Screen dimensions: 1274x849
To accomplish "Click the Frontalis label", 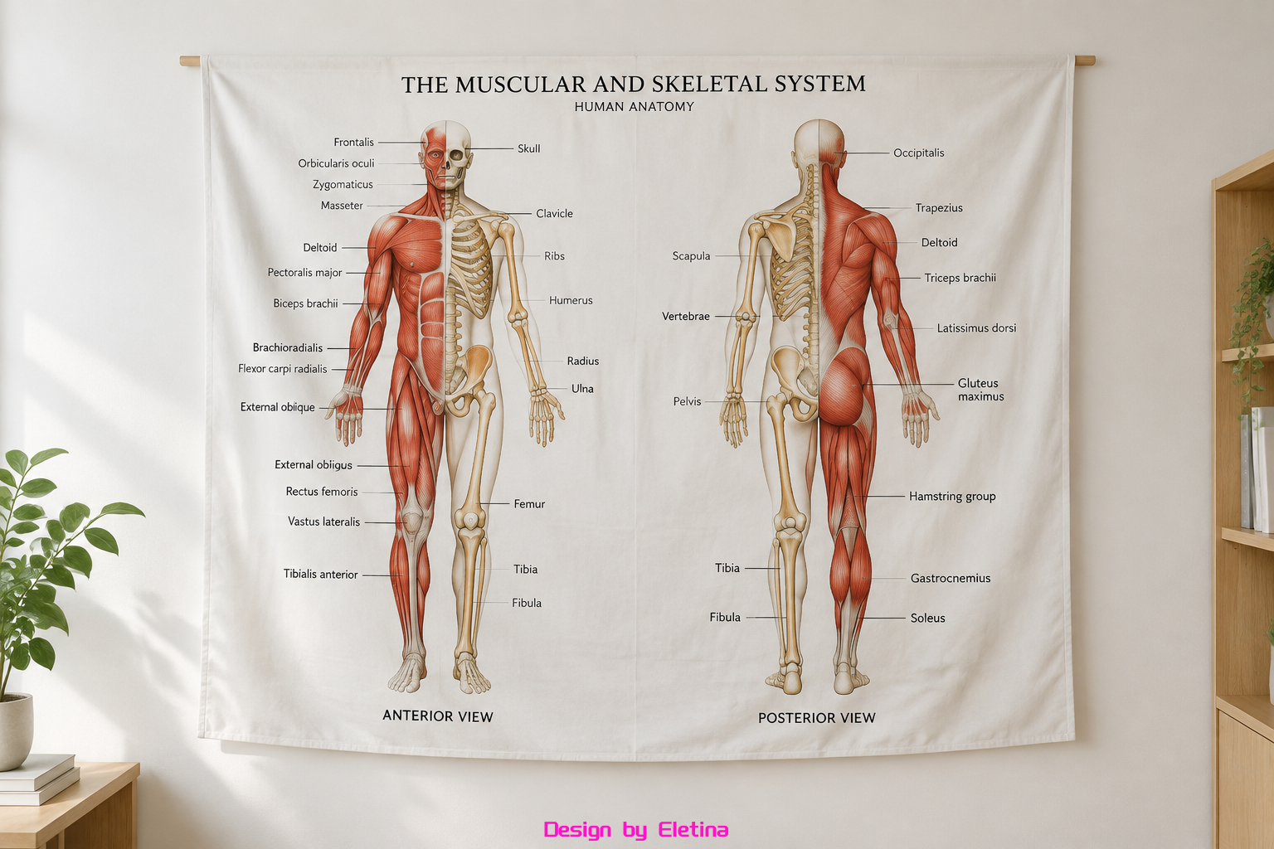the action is pos(354,142).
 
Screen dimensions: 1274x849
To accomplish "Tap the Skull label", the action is pos(529,148).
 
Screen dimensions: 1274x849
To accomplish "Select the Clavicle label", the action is pos(555,213).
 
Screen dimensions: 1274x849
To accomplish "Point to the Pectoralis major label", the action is pos(305,273).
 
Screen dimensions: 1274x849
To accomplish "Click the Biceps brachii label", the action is pos(305,303).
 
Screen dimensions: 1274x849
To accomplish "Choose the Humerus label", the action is pos(571,300).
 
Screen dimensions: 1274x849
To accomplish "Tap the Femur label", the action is pos(529,504).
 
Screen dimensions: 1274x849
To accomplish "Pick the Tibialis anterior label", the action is pos(321,575).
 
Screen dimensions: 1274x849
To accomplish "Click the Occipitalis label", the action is pos(918,153).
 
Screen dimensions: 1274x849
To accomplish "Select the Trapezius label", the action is pos(939,208).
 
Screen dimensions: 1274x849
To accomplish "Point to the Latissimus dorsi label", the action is pos(976,328).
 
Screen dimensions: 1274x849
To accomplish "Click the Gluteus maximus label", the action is pos(980,390).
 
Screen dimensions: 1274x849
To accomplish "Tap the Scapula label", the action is pos(691,256).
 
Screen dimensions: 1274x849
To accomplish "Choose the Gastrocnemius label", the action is pos(951,579).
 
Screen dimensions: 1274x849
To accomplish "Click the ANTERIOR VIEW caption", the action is pos(438,716).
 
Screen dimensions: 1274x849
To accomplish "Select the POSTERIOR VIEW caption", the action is pos(817,718).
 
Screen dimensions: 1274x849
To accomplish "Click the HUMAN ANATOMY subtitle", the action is pos(635,107).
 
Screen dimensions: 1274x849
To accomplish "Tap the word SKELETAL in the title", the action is pos(710,85).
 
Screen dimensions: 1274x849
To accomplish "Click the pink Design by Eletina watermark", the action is pos(636,830).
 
